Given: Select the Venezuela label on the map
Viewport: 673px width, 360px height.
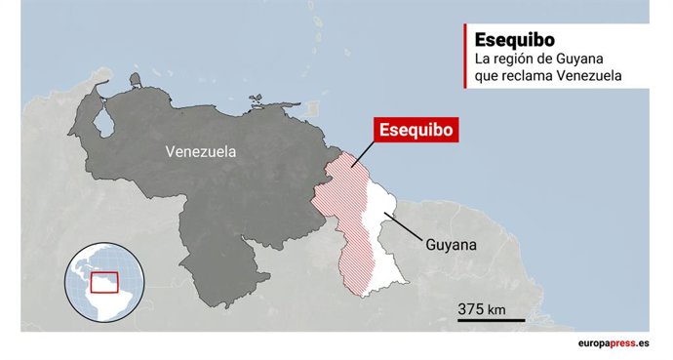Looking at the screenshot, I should pyautogui.click(x=201, y=152).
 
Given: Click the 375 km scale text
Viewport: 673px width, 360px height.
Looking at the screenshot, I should pyautogui.click(x=482, y=309).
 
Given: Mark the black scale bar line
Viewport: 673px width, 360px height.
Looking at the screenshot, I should pyautogui.click(x=492, y=320).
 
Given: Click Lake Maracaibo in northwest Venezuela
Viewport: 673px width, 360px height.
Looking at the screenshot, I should pyautogui.click(x=100, y=124).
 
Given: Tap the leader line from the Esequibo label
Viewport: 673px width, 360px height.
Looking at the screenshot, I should pyautogui.click(x=363, y=154).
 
